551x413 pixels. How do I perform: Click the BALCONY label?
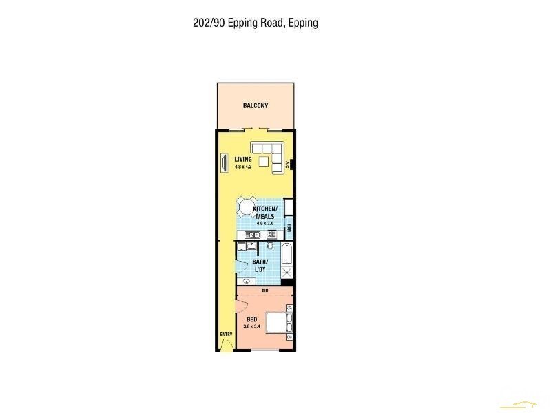coord(256,106)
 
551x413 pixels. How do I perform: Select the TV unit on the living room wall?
coord(223,163)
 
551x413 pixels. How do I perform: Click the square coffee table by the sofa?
coord(264,160)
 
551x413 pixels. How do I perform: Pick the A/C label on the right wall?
coord(288,165)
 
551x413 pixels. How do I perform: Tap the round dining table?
coord(245,206)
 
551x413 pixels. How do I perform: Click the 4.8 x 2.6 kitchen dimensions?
coord(265,223)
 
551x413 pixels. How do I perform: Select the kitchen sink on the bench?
coord(251,235)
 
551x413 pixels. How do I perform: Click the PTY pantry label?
coord(289,228)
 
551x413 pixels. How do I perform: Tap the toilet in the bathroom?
coord(271,246)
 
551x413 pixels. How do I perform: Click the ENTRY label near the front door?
coord(226,335)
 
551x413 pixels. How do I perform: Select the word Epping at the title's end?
coord(303,23)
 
